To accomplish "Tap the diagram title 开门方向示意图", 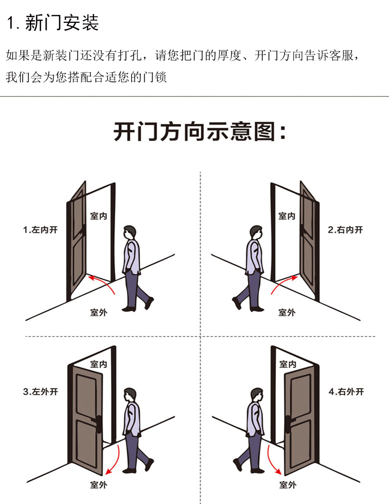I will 199,132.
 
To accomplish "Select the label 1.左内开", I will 40,229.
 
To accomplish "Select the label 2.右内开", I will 346,229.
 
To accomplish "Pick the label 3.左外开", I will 40,392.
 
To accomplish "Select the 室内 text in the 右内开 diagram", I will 287,216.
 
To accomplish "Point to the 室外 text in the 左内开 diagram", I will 99,312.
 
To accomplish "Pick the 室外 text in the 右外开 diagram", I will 287,485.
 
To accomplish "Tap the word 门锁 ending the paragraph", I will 156,78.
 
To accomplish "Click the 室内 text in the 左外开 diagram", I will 99,365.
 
